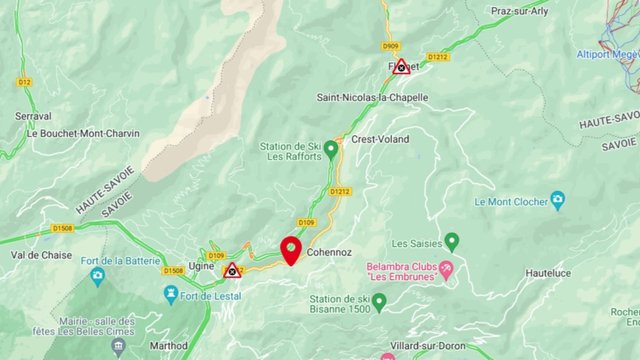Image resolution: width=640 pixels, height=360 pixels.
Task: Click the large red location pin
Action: click(x=291, y=247)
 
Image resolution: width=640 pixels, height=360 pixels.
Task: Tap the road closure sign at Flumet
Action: click(x=401, y=67)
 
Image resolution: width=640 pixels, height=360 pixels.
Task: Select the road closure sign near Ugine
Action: click(x=232, y=271)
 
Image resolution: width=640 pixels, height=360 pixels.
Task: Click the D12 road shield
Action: click(x=24, y=82)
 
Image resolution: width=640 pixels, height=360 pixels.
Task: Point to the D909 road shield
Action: click(x=391, y=46)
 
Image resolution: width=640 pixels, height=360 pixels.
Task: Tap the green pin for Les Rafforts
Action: click(x=330, y=148)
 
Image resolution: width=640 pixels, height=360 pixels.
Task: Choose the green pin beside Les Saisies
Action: click(x=452, y=241)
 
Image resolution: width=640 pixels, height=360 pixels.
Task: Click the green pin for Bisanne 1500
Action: click(x=379, y=301)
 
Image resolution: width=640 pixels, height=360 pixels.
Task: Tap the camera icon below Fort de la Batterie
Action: click(x=97, y=275)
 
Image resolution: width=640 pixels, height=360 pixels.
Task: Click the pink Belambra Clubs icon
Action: click(x=446, y=269)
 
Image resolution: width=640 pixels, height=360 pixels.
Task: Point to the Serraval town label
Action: click(x=33, y=116)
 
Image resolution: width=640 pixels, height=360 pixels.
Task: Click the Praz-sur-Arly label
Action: click(x=519, y=11)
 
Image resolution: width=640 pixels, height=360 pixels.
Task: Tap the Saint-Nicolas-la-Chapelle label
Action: click(x=372, y=97)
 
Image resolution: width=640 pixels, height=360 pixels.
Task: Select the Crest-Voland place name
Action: click(x=380, y=139)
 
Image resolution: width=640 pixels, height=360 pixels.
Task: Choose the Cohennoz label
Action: click(x=329, y=252)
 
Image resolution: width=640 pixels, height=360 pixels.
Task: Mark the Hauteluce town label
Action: click(x=548, y=273)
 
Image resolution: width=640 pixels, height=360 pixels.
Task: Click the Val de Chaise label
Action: click(x=41, y=255)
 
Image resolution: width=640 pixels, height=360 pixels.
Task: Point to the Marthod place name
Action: click(x=168, y=345)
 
